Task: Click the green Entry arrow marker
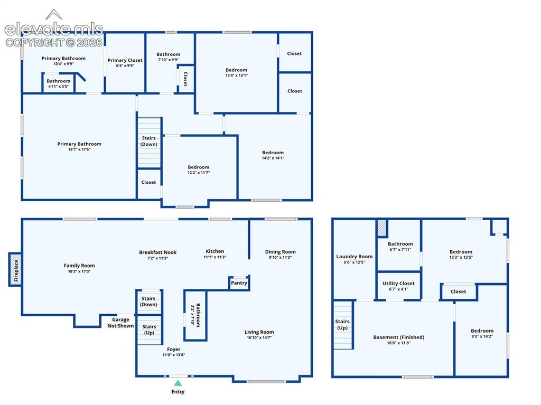[x=178, y=383]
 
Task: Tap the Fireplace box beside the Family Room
[x=15, y=270]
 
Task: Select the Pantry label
[x=239, y=283]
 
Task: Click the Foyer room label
[x=173, y=350]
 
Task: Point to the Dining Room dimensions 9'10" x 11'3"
[x=280, y=257]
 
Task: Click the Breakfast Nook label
[x=157, y=252]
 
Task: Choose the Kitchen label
[x=214, y=251]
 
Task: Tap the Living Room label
[x=259, y=332]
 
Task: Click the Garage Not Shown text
[x=120, y=323]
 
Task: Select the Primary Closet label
[x=125, y=60]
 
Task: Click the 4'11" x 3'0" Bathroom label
[x=58, y=83]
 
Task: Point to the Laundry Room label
[x=355, y=256]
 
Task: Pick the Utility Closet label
[x=398, y=283]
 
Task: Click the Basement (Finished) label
[x=398, y=337]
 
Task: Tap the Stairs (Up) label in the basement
[x=342, y=324]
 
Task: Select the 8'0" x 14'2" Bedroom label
[x=482, y=333]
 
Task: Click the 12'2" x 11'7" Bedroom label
[x=199, y=169]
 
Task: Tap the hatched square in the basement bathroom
[x=381, y=228]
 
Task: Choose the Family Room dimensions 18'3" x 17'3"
[x=79, y=271]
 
